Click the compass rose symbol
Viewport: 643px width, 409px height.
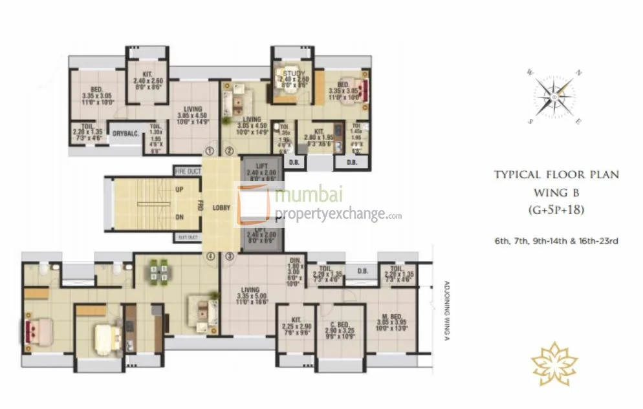(x=554, y=98)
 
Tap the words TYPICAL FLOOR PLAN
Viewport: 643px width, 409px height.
(x=556, y=174)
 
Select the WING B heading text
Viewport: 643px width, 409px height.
(x=556, y=192)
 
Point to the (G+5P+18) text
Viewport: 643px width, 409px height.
(x=556, y=209)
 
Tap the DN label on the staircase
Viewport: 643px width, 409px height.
(x=180, y=218)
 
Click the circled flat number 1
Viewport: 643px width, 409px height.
(x=209, y=151)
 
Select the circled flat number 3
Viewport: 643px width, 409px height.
(x=229, y=257)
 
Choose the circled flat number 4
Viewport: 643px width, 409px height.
(x=210, y=257)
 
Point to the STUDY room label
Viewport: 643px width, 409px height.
(x=290, y=74)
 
